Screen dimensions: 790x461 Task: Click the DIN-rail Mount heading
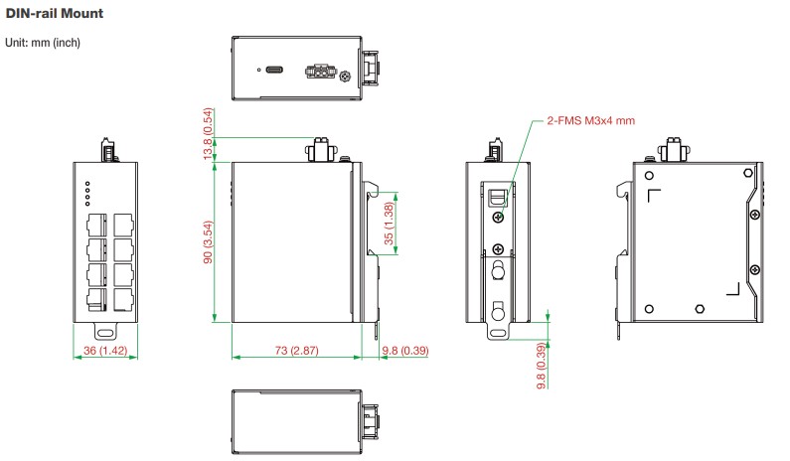(x=54, y=13)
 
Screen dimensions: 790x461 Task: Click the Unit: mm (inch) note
(x=43, y=43)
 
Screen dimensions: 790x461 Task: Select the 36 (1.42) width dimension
(x=105, y=350)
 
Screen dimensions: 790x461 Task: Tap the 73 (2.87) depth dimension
(x=296, y=350)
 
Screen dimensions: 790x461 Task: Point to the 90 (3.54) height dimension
(x=208, y=241)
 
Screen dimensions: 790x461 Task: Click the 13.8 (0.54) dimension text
(x=208, y=134)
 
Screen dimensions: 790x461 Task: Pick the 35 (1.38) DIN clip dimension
(x=389, y=224)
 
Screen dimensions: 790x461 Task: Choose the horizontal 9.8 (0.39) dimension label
(x=405, y=350)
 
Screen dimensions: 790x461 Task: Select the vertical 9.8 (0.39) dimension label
(x=542, y=366)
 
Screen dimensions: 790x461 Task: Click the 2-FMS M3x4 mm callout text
(x=591, y=121)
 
